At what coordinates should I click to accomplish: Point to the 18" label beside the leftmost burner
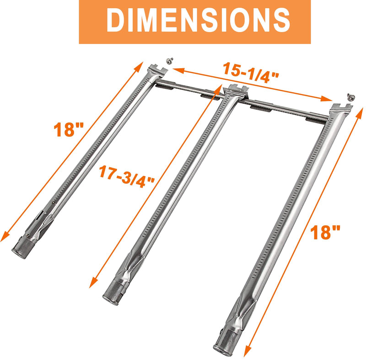(x=65, y=130)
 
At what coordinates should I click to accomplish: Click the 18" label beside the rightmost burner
(x=324, y=232)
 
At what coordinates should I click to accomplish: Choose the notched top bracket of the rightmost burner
(x=342, y=109)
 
